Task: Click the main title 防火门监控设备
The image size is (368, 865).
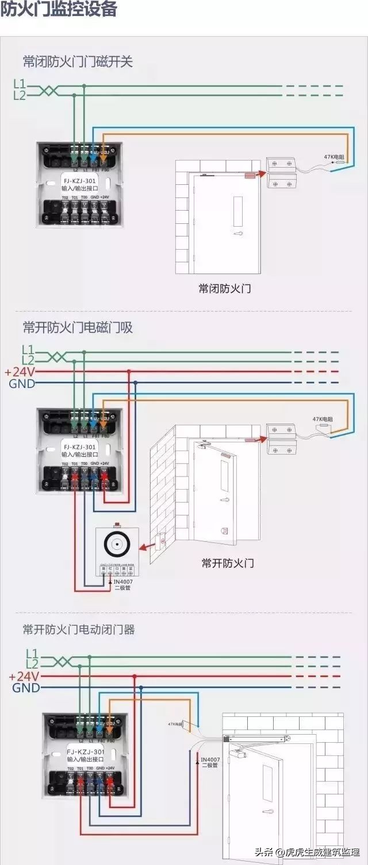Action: click(59, 10)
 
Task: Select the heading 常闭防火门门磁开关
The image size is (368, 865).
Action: click(78, 61)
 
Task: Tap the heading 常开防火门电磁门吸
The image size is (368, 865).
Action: click(78, 328)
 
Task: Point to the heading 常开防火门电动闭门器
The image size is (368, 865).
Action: click(79, 630)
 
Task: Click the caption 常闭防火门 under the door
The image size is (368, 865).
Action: click(224, 289)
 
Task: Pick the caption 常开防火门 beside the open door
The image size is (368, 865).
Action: click(228, 563)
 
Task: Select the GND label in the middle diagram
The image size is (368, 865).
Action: click(22, 383)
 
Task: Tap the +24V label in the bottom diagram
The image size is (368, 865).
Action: click(24, 676)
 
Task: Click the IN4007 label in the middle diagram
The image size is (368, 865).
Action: click(124, 581)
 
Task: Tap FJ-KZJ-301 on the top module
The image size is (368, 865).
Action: click(79, 180)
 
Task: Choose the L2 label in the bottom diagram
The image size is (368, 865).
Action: click(32, 664)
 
